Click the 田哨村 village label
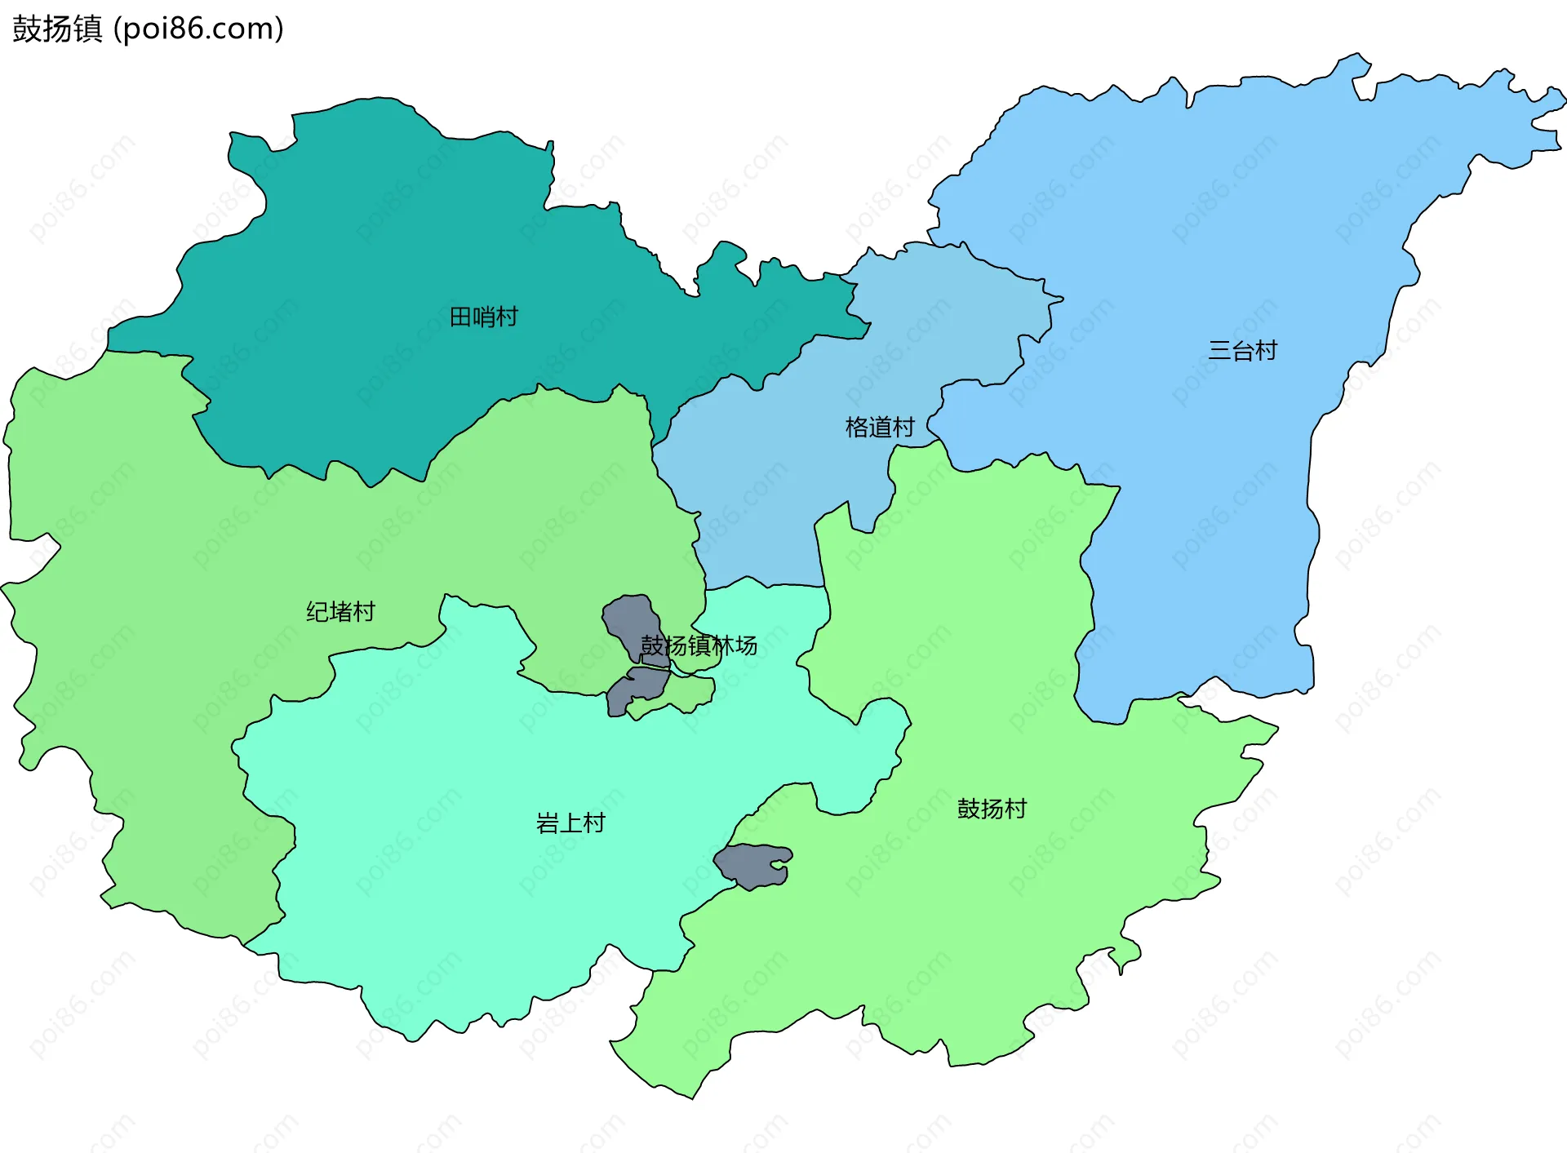point(484,317)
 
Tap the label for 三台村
point(1242,351)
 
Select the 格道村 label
point(880,427)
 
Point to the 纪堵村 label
point(340,611)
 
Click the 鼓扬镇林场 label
point(699,645)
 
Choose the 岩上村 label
point(570,823)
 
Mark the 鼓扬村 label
point(992,809)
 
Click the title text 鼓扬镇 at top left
point(57,29)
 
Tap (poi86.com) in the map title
point(198,29)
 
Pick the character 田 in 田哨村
point(461,317)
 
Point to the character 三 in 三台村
point(1219,351)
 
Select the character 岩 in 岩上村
point(548,823)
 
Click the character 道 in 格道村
point(880,427)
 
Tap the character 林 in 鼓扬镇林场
point(722,645)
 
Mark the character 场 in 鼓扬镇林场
point(746,645)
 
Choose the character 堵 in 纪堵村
point(340,611)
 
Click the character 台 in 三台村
point(1242,351)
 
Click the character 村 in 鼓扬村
point(1015,809)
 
